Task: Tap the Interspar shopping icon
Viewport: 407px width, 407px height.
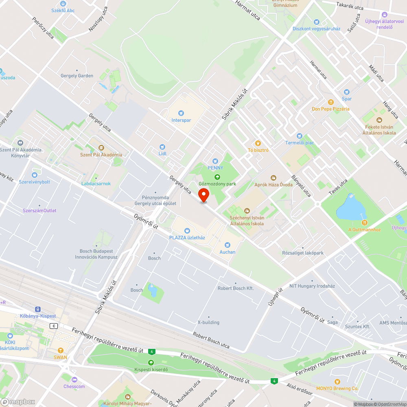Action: point(181,113)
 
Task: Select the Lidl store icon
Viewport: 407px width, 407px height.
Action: point(162,147)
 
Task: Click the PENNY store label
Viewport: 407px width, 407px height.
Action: point(216,167)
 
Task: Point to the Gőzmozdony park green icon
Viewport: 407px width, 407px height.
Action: point(217,177)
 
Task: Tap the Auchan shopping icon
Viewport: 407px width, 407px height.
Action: point(227,245)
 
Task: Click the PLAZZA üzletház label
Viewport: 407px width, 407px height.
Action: point(187,237)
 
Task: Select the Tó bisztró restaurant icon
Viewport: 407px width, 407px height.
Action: point(257,143)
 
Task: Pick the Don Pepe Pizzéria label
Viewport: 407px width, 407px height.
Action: point(330,109)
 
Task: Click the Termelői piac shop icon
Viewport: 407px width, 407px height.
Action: point(300,136)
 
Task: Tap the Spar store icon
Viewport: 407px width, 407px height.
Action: point(347,92)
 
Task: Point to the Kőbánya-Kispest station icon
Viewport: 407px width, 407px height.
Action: point(37,309)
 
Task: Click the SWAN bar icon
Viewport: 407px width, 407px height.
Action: point(60,350)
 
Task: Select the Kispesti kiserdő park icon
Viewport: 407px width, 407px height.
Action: point(151,362)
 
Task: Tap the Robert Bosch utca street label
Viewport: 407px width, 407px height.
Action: point(212,340)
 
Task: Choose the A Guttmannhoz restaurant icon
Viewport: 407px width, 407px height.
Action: point(364,223)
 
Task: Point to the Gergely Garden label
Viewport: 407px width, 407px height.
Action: point(77,76)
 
